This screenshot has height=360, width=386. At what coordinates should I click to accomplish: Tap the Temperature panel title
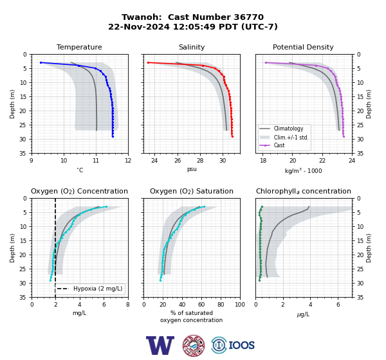pos(79,47)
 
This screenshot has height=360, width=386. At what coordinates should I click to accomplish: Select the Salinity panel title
pos(192,47)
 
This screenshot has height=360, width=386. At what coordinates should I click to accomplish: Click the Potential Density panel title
pos(303,47)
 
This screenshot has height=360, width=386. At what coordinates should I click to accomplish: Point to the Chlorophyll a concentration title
pos(304,191)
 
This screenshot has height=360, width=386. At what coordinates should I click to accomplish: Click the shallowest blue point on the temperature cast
pos(41,63)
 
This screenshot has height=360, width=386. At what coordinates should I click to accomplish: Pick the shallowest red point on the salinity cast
pos(148,63)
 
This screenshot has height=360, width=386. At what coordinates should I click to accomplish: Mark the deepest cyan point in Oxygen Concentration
pos(50,280)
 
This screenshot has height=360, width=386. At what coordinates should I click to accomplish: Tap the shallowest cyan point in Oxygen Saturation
pos(204,207)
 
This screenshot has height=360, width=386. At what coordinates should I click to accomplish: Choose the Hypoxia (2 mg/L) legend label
pos(98,289)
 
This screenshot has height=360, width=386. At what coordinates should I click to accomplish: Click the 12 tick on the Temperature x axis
pos(128,161)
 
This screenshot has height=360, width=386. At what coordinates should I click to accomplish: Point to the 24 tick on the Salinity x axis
pos(154,161)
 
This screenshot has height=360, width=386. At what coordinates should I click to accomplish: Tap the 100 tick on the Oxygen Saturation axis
pos(240,305)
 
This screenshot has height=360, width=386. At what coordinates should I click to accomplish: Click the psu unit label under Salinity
pos(192,169)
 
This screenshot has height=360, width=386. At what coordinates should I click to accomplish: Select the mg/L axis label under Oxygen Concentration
pos(79,313)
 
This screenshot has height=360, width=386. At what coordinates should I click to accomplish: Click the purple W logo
pos(160,345)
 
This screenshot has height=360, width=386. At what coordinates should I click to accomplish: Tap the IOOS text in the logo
pos(241,345)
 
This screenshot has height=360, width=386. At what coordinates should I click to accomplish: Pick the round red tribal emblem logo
pos(194,345)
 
